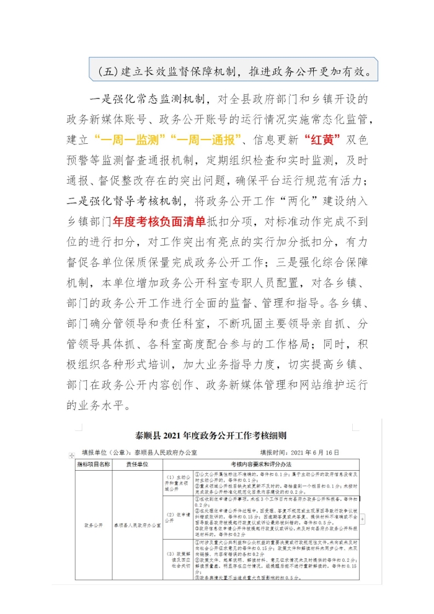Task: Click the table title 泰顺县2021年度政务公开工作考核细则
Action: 215,436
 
